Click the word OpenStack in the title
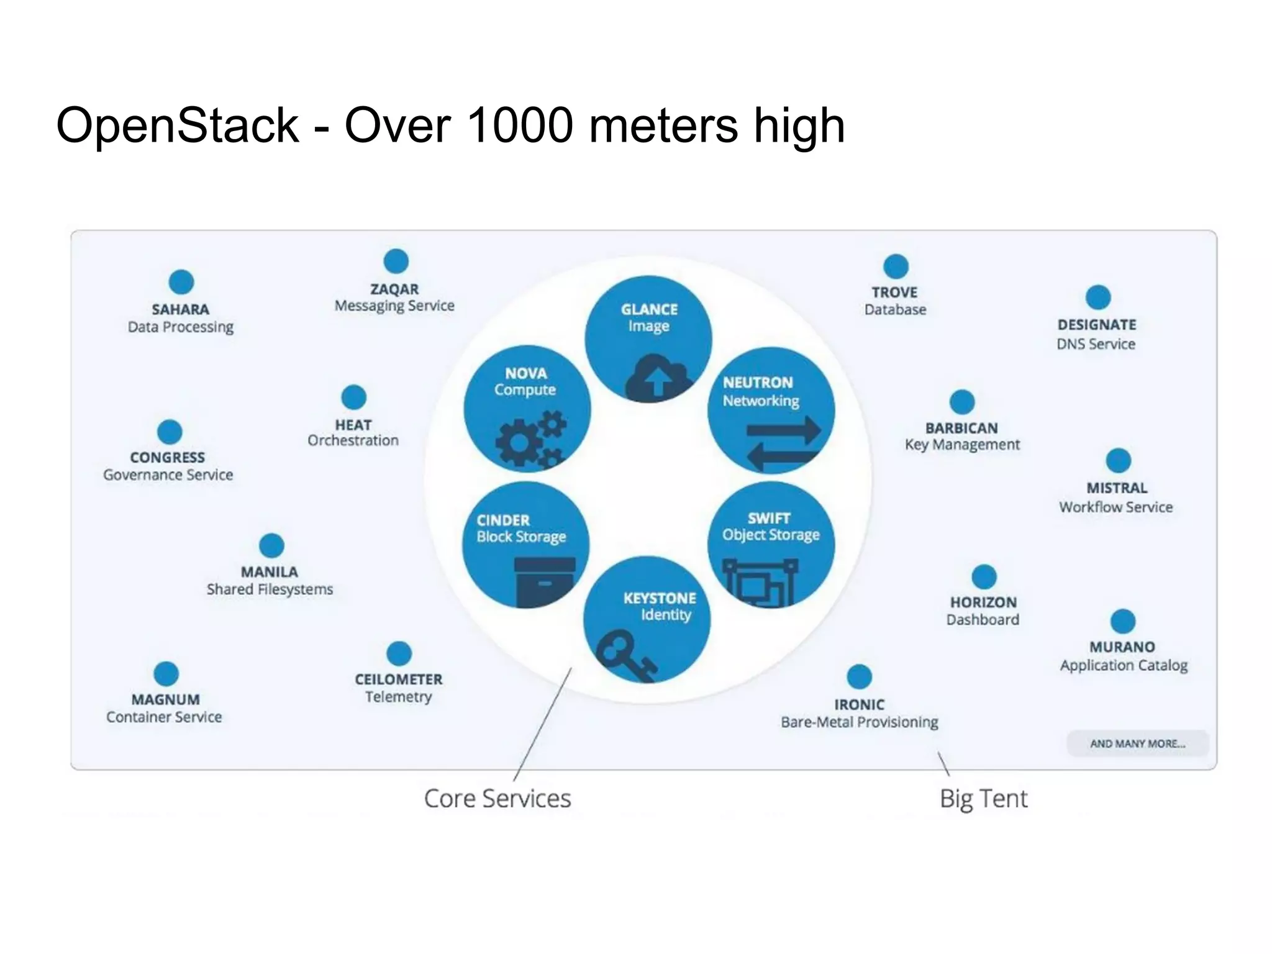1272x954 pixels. [178, 126]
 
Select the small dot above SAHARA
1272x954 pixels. [181, 282]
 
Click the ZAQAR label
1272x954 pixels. [394, 289]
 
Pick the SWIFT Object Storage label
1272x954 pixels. [770, 527]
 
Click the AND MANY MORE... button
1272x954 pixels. [1137, 743]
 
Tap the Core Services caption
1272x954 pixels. [497, 799]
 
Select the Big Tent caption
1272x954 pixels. [983, 799]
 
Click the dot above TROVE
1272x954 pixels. [896, 266]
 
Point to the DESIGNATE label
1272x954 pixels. [1097, 325]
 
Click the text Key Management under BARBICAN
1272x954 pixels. [962, 445]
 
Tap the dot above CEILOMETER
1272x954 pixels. [399, 653]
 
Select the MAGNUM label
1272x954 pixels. [165, 700]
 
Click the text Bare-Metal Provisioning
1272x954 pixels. [859, 722]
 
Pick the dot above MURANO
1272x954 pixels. [1122, 621]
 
